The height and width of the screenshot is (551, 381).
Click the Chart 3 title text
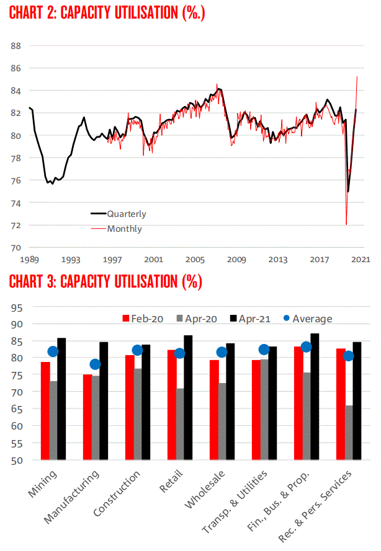(105, 282)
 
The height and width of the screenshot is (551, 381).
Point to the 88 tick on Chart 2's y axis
(16, 46)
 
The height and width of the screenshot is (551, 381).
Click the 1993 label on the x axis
(70, 259)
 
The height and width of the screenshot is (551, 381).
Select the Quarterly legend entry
(127, 214)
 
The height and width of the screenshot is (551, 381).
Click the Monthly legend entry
(124, 229)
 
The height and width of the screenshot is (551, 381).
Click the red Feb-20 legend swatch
(126, 319)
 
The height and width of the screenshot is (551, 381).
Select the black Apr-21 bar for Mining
(61, 399)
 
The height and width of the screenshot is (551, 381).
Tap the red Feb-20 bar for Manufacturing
(87, 417)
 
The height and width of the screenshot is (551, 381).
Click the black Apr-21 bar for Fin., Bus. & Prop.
(315, 397)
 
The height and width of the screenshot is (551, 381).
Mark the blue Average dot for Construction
(138, 350)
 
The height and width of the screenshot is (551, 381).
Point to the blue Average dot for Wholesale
(222, 352)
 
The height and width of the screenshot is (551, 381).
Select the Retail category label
(173, 483)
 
